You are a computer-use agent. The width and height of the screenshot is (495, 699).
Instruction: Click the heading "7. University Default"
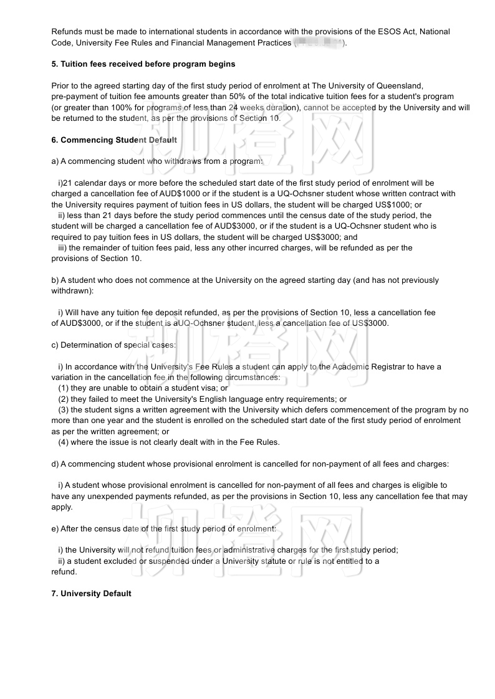(91, 594)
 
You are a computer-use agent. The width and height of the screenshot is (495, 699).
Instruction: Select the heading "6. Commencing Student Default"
(114, 140)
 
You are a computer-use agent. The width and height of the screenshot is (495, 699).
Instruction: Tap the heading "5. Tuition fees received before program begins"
(143, 64)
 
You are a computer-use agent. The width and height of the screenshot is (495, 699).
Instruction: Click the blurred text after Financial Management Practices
(318, 42)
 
